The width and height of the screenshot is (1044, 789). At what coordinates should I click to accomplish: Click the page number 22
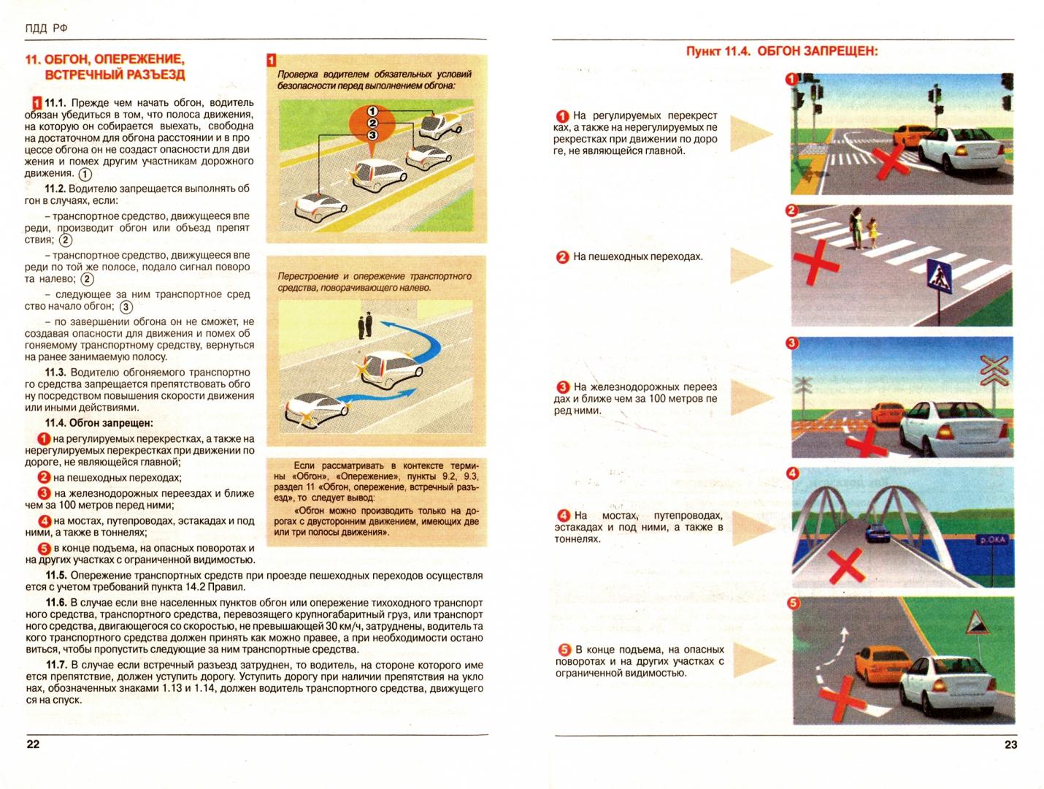click(33, 744)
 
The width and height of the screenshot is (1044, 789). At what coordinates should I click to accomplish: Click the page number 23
click(1010, 744)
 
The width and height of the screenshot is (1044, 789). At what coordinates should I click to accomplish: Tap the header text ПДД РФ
click(47, 28)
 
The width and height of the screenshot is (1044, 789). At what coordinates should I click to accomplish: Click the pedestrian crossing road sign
click(936, 278)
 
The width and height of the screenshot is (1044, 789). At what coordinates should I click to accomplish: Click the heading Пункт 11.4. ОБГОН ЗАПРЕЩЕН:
click(781, 51)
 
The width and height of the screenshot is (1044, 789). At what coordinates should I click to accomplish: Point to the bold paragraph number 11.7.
click(55, 665)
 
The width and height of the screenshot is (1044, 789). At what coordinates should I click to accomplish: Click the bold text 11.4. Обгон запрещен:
click(99, 423)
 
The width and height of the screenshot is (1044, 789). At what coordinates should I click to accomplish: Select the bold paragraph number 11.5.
click(55, 576)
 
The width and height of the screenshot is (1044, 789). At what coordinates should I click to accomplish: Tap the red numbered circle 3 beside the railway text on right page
click(563, 387)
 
